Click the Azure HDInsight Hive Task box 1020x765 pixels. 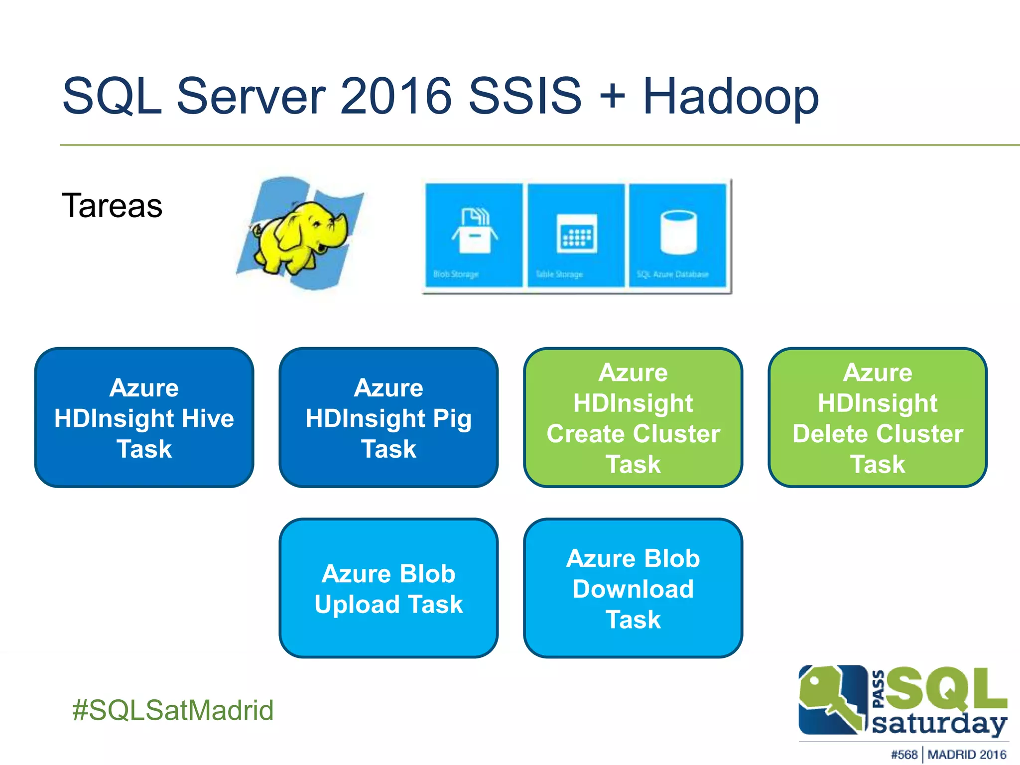pyautogui.click(x=144, y=417)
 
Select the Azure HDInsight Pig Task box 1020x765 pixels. pyautogui.click(x=388, y=417)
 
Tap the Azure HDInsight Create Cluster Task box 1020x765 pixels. pyautogui.click(x=633, y=417)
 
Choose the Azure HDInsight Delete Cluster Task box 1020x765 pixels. pyautogui.click(x=878, y=417)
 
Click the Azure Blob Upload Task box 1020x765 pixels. pyautogui.click(x=388, y=588)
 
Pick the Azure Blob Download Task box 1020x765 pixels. pyautogui.click(x=633, y=588)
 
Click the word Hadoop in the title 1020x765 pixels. pyautogui.click(x=730, y=96)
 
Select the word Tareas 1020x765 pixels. pyautogui.click(x=112, y=205)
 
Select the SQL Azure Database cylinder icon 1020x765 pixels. pyautogui.click(x=678, y=232)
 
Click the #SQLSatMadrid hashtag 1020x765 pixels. pyautogui.click(x=173, y=710)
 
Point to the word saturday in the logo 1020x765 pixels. pyautogui.click(x=939, y=724)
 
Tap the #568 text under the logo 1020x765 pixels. pyautogui.click(x=904, y=755)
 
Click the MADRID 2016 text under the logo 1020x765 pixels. pyautogui.click(x=967, y=755)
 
